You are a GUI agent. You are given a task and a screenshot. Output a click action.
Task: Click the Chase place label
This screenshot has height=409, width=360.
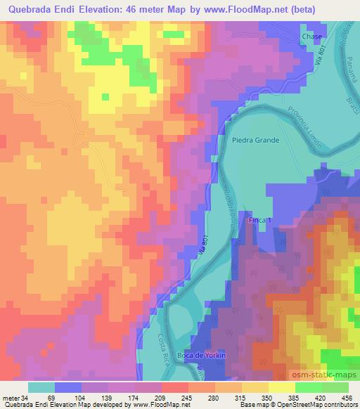coord(311,37)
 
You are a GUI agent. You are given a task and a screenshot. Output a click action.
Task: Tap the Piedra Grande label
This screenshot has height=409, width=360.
coord(255,140)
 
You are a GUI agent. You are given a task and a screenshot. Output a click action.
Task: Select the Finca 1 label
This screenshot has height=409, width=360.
coord(259,221)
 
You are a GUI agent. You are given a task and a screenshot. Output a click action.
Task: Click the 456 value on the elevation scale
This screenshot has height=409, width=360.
coord(345,397)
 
